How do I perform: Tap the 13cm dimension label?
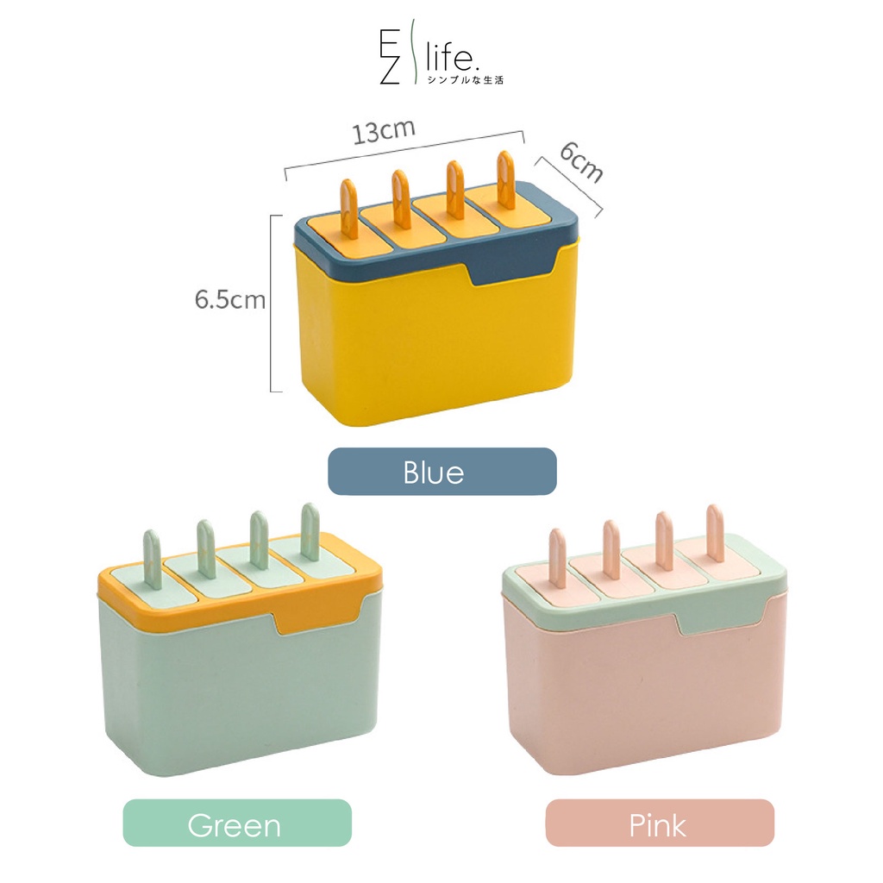click(x=384, y=132)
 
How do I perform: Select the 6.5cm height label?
click(x=229, y=300)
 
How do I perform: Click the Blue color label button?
click(x=441, y=472)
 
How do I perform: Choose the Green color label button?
click(x=237, y=824)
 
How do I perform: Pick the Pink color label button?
click(x=660, y=824)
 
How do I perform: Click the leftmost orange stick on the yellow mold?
click(x=349, y=207)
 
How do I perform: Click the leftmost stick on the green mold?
click(x=152, y=559)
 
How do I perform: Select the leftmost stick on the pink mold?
click(x=557, y=557)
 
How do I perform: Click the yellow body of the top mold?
click(x=431, y=345)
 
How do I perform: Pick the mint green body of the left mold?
click(x=233, y=690)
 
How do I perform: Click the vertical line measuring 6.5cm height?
click(x=272, y=302)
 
